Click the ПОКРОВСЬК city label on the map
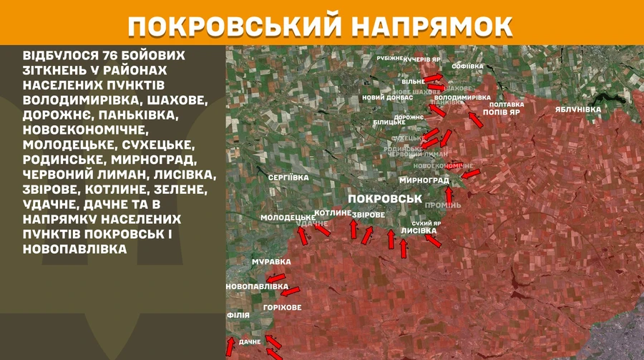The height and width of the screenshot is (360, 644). point(384,198)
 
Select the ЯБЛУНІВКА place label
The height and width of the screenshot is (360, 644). point(577,110)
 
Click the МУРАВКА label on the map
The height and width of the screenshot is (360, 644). point(271,262)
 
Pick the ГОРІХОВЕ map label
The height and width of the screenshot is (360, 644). point(282,307)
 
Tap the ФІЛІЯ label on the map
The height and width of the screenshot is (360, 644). point(238,314)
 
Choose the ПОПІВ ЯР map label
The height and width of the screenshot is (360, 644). point(501,112)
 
